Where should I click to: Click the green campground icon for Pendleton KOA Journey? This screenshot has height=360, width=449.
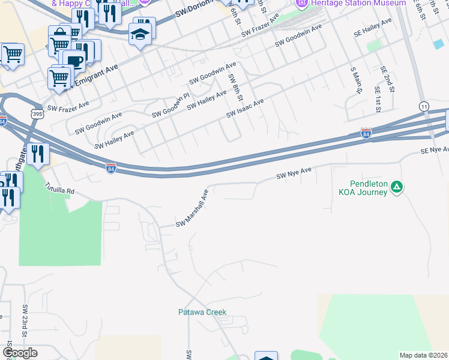396,188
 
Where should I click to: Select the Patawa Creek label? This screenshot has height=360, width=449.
202,312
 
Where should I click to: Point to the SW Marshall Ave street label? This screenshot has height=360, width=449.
191,208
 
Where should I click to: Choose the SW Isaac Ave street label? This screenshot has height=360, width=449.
245,109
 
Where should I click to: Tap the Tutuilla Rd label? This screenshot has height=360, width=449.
59,188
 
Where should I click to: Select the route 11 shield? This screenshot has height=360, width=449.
424,106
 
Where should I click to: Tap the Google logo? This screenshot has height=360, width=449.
20,353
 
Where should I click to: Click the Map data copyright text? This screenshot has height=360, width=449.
424,355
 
